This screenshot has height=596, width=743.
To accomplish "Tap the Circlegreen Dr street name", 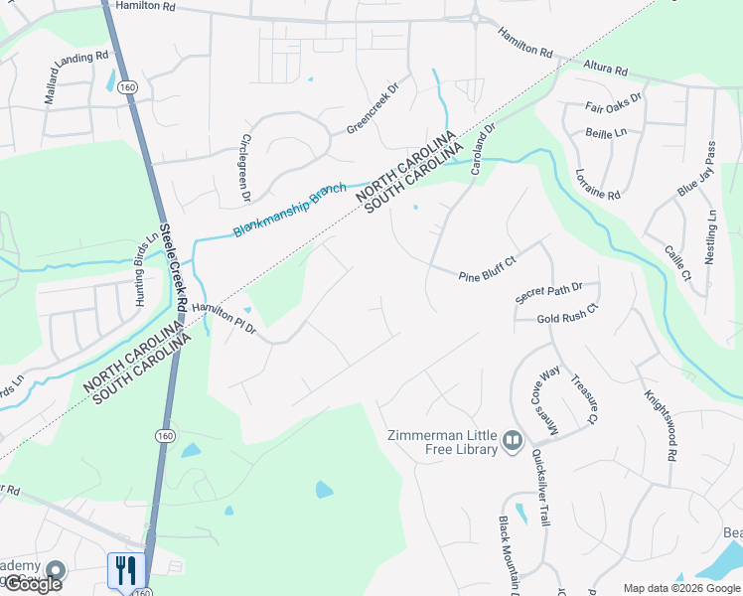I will pos(245,170).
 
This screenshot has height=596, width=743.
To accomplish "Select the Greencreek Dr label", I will pos(371,109).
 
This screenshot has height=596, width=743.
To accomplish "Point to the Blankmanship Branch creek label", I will pos(289,210).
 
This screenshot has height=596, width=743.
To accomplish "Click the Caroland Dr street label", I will pos(483,145).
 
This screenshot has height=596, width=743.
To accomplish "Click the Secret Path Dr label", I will pos(555,292).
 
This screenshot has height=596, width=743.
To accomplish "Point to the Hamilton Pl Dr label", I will pos(224,320).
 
